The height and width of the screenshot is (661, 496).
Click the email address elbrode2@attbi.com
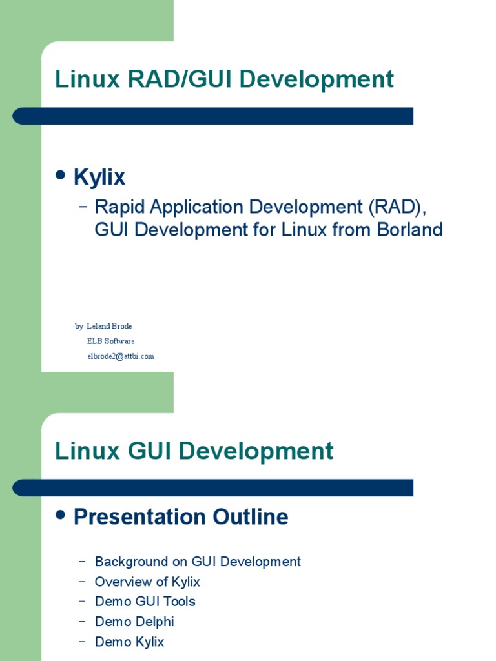pos(121,356)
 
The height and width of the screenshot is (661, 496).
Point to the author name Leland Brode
pos(109,327)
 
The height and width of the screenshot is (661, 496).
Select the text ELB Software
pos(110,341)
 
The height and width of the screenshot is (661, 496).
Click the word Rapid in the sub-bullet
pos(120,207)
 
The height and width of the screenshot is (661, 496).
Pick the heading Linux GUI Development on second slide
pos(194,451)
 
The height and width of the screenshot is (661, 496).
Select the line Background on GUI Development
pos(198,562)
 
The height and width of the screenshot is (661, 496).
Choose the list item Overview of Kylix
pos(147,582)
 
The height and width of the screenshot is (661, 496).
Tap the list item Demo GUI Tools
pos(145,602)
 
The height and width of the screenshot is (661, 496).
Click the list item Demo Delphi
pos(134,622)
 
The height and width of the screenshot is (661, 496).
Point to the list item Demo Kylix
pos(129,642)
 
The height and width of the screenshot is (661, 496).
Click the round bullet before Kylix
pos(61,175)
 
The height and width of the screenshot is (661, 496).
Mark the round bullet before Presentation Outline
pos(61,515)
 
